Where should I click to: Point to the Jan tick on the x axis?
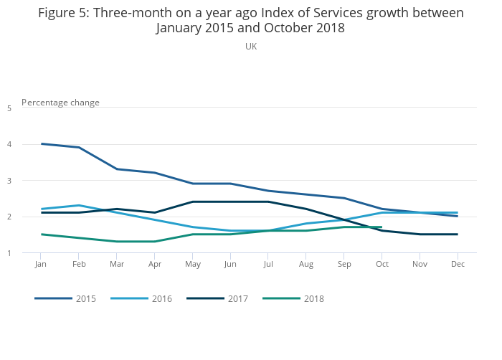pos(41,264)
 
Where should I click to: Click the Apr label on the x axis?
pos(154,264)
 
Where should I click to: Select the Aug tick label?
pos(306,264)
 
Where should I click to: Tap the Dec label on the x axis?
pos(458,264)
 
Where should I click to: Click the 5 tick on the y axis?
pos(9,108)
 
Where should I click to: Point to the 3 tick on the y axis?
pos(9,181)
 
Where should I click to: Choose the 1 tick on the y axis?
pos(9,253)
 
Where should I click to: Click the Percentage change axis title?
pos(61,103)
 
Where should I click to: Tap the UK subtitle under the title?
pos(251,46)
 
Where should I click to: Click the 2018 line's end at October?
pos(382,227)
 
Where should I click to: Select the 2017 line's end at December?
pos(458,235)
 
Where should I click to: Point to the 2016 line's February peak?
pos(79,206)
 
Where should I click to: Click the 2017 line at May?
pos(192,202)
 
